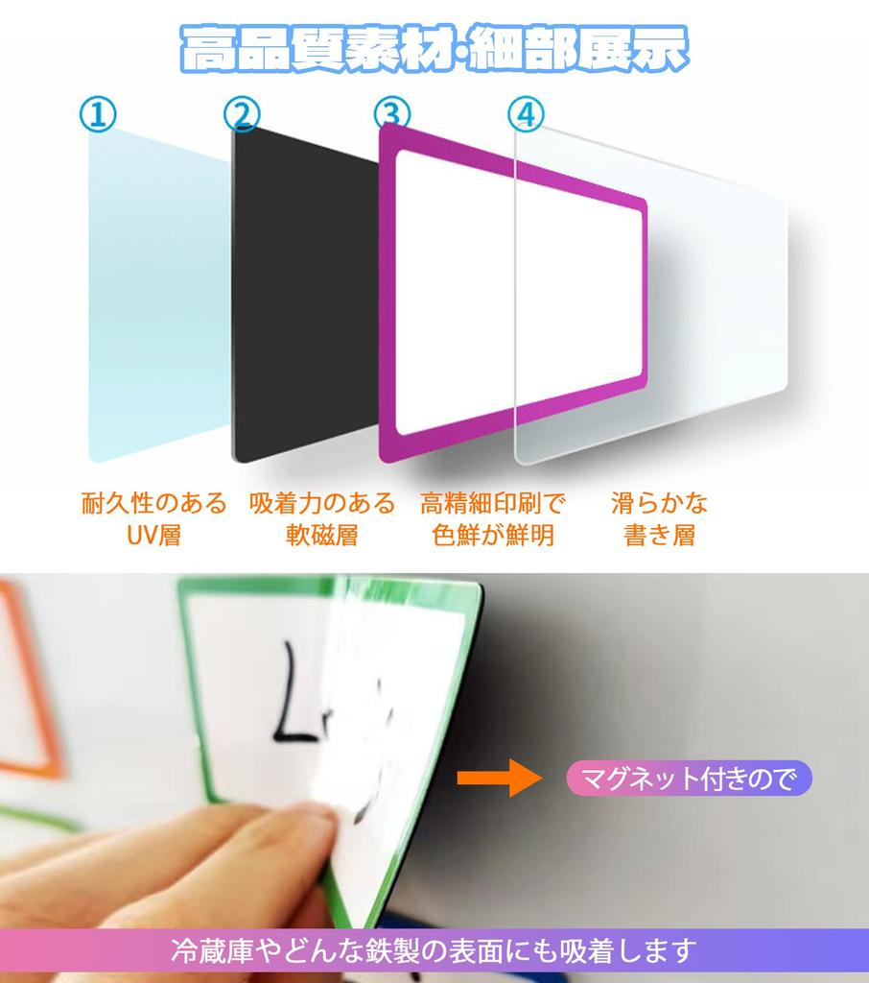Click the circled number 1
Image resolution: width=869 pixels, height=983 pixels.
98,115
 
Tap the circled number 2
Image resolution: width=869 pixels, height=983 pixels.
242,115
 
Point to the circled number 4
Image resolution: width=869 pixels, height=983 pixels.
526,115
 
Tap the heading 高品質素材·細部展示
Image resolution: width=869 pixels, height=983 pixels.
434,51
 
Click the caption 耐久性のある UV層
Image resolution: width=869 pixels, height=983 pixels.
153,518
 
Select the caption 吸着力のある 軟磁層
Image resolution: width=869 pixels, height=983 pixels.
321,518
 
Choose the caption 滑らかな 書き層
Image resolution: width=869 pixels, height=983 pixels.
659,518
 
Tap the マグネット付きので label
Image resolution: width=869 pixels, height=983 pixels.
689,779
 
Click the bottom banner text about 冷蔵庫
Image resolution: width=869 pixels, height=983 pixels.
434,950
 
